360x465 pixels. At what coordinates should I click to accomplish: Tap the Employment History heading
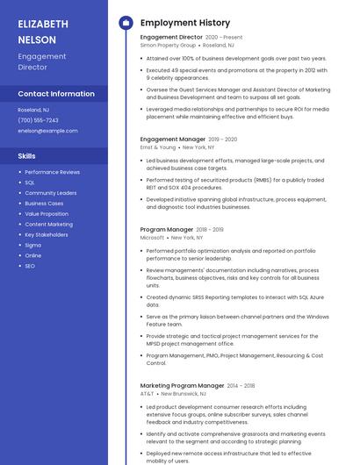pyautogui.click(x=184, y=23)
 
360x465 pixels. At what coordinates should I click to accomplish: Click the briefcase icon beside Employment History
pyautogui.click(x=125, y=23)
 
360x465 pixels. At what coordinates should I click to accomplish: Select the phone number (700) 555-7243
pyautogui.click(x=38, y=120)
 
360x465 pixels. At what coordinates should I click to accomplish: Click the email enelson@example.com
pyautogui.click(x=47, y=131)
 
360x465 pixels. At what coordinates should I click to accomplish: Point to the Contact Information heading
pyautogui.click(x=56, y=94)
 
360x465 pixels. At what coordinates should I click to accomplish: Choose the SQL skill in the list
pyautogui.click(x=30, y=182)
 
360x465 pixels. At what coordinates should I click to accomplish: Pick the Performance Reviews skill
pyautogui.click(x=52, y=172)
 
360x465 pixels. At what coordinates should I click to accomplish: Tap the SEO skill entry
pyautogui.click(x=30, y=266)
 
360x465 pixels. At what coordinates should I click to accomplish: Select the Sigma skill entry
pyautogui.click(x=32, y=245)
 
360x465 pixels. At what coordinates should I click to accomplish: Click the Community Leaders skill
pyautogui.click(x=50, y=193)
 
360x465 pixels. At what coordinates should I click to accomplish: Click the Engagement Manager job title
pyautogui.click(x=172, y=139)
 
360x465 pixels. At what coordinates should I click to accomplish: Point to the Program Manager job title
pyautogui.click(x=166, y=230)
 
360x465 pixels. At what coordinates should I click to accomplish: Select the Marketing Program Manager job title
pyautogui.click(x=182, y=386)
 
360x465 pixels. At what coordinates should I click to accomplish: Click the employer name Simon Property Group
pyautogui.click(x=168, y=45)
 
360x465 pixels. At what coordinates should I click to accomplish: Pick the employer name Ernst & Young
pyautogui.click(x=158, y=147)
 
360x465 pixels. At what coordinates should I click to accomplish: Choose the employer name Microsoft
pyautogui.click(x=152, y=238)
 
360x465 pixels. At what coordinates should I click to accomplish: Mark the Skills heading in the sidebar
pyautogui.click(x=26, y=155)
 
